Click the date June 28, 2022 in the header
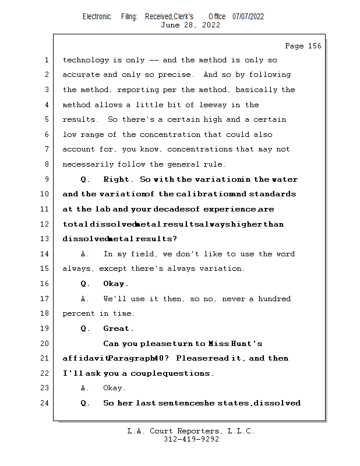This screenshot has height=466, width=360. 190,25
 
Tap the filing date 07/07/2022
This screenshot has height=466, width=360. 248,16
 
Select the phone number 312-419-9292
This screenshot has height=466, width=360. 191,439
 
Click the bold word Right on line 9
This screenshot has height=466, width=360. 118,179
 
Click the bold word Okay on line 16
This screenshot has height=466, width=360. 115,284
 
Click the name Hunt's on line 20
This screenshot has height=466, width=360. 248,344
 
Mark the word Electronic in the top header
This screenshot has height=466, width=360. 97,16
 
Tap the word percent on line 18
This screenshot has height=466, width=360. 79,313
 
